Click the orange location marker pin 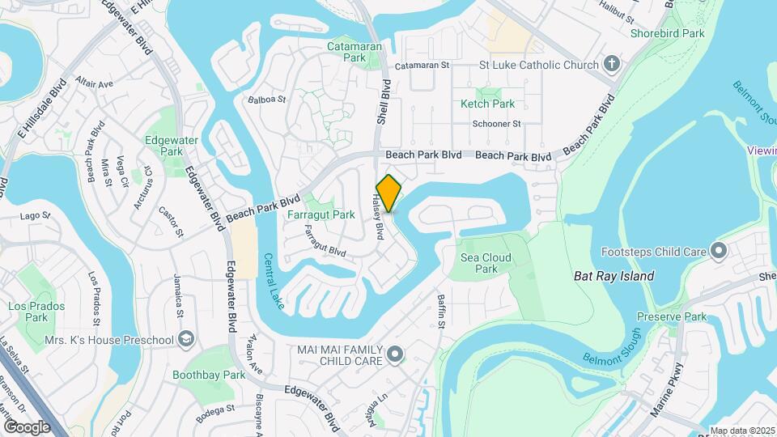(x=389, y=193)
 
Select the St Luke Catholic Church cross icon (x=613, y=64)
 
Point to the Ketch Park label (x=487, y=104)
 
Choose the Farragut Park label (x=321, y=215)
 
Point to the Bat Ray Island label (x=614, y=276)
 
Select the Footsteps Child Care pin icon (x=717, y=251)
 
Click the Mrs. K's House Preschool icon (x=186, y=338)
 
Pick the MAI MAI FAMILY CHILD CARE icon (x=394, y=353)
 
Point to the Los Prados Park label (x=28, y=312)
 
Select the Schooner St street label (x=496, y=124)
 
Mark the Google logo (x=27, y=426)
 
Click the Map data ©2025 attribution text (x=741, y=431)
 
